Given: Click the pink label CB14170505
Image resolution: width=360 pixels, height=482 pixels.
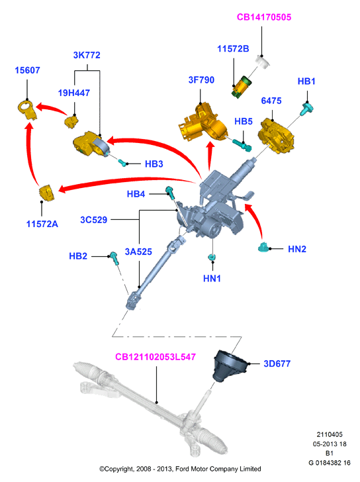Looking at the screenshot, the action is (x=264, y=17).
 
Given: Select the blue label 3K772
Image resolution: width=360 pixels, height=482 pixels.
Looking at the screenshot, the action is (x=87, y=55).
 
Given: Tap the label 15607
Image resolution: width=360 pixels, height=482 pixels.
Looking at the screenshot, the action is (x=27, y=70).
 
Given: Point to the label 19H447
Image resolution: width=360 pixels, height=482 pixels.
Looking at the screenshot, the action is (x=74, y=93).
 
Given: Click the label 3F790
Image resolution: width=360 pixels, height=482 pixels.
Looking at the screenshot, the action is (x=201, y=80).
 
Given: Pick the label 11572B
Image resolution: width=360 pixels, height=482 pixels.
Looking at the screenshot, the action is (x=233, y=49).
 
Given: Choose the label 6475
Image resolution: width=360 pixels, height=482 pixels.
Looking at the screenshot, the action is (x=271, y=101).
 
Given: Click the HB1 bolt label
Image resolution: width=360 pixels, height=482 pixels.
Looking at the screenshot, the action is (x=306, y=81).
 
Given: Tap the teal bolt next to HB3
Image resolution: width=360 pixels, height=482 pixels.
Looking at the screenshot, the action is (x=123, y=162).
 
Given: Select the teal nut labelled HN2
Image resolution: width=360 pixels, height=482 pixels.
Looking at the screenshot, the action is (x=264, y=247).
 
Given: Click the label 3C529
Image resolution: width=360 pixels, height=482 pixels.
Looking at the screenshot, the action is (x=94, y=220).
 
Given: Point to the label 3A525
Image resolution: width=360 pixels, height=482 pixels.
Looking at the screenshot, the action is (x=138, y=252).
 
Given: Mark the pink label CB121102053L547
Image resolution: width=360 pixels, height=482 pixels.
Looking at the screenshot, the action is (x=155, y=357).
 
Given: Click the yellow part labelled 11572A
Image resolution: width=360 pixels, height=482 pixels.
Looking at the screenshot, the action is (x=46, y=193).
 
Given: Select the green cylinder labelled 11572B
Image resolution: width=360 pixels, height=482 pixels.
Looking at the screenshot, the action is (x=241, y=87).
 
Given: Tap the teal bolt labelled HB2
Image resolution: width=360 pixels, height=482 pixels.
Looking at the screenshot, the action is (x=114, y=258).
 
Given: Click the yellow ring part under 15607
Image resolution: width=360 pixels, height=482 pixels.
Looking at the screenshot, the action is (x=27, y=109).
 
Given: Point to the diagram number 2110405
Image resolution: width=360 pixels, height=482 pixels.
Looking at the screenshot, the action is (x=330, y=434).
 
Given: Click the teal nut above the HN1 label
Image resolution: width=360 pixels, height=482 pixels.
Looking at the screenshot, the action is (x=211, y=258).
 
